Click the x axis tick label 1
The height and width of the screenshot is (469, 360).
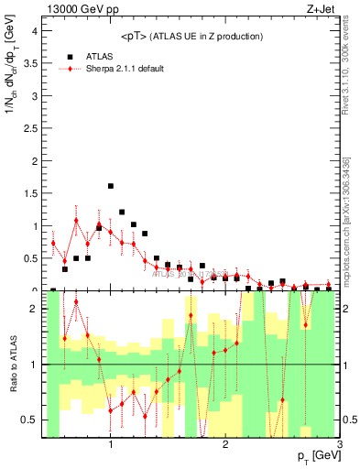coord(111,444)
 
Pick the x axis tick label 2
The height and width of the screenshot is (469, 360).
coord(225,444)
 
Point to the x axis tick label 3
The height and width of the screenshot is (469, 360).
coord(340,444)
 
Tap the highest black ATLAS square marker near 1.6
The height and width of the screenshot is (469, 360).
coord(111,186)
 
